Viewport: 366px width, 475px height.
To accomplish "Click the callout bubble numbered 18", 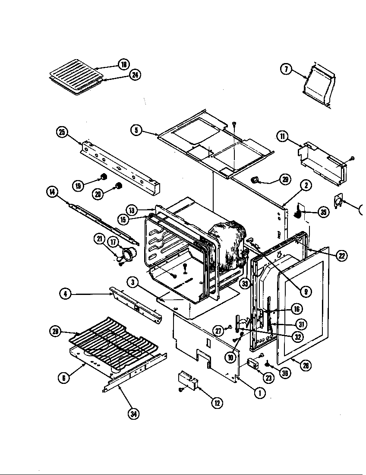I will pyautogui.click(x=124, y=65).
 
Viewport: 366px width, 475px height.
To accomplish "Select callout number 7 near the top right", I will pyautogui.click(x=287, y=69).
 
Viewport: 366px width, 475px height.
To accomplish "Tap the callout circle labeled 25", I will pyautogui.click(x=62, y=132).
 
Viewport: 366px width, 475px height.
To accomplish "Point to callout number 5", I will pyautogui.click(x=136, y=130).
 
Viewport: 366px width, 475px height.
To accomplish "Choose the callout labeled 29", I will pyautogui.click(x=285, y=180).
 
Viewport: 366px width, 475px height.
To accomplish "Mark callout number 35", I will pyautogui.click(x=323, y=212).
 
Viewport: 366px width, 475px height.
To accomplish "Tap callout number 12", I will pyautogui.click(x=217, y=403).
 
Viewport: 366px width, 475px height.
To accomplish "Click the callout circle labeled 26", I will pyautogui.click(x=306, y=365).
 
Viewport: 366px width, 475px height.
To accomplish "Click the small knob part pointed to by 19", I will pyautogui.click(x=104, y=176).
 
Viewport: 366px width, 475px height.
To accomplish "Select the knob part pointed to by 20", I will pyautogui.click(x=118, y=187).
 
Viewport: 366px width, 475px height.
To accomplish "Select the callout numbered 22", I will pyautogui.click(x=341, y=256).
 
